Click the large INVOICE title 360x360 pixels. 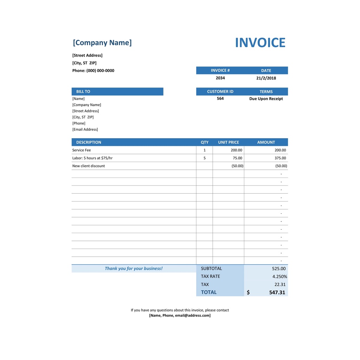coord(260,43)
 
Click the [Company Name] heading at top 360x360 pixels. coord(102,43)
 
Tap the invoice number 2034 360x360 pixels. coord(220,78)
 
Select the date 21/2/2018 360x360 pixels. coord(266,78)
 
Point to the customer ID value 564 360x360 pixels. coord(220,99)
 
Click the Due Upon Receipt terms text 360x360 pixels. coord(266,99)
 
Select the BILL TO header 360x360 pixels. coord(83,92)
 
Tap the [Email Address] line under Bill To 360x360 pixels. coord(85,130)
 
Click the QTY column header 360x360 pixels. coord(205,142)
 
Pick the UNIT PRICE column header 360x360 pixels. coord(229,142)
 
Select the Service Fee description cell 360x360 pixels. coord(82,150)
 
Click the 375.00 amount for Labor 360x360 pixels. coord(280,158)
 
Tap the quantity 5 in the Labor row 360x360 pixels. coord(205,158)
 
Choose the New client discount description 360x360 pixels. coord(89,166)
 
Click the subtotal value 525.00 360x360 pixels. coord(279,269)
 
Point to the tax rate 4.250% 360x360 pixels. coord(279,277)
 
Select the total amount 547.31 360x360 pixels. coord(277,292)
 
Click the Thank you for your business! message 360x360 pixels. coord(134,269)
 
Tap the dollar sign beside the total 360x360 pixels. coord(248,292)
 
